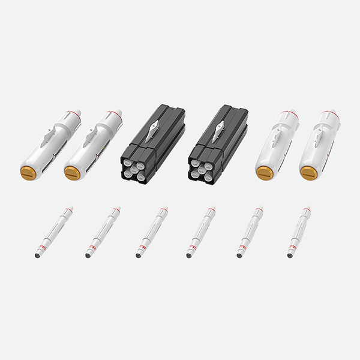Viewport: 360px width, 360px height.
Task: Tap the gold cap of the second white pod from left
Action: [73, 173]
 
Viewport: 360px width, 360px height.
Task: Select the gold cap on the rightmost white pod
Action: [308, 173]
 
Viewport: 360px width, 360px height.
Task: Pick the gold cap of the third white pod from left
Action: [264, 173]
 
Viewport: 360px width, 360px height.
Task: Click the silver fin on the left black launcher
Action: [154, 128]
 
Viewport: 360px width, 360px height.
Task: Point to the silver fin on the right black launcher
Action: [221, 127]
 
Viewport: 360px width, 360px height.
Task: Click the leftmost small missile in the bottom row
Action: [53, 232]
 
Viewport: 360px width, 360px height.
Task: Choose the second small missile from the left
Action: [102, 232]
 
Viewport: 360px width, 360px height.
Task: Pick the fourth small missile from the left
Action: [201, 232]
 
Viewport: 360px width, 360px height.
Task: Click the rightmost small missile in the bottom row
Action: [298, 232]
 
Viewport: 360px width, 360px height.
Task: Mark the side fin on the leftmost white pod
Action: [46, 139]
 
